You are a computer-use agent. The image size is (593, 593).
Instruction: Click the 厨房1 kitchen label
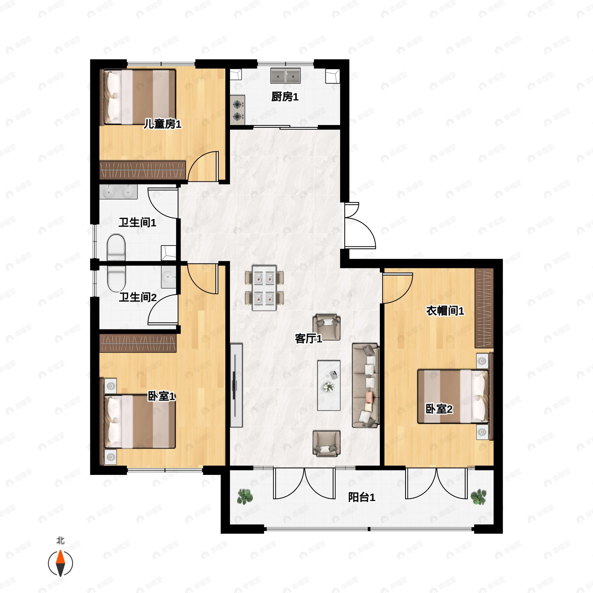tap(285, 97)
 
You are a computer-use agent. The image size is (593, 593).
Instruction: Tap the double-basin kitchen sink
tap(285, 76)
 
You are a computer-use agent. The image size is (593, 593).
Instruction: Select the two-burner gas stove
tap(237, 110)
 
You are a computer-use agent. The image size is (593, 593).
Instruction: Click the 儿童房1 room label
tap(163, 124)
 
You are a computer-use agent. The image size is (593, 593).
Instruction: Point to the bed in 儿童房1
tap(138, 97)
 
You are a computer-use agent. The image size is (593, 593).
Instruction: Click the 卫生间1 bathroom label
tap(138, 223)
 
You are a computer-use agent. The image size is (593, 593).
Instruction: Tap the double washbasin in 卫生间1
tap(118, 192)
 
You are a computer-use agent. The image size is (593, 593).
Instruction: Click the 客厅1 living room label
tap(308, 339)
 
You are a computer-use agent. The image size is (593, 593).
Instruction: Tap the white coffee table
tap(329, 385)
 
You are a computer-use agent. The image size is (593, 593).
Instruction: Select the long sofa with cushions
tap(366, 385)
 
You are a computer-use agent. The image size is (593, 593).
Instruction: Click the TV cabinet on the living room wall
tap(236, 385)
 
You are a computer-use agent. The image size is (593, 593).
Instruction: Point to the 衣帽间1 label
tap(445, 311)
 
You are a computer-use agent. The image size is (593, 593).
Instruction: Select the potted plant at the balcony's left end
tap(245, 497)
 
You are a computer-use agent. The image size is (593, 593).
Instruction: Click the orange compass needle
tap(61, 557)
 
